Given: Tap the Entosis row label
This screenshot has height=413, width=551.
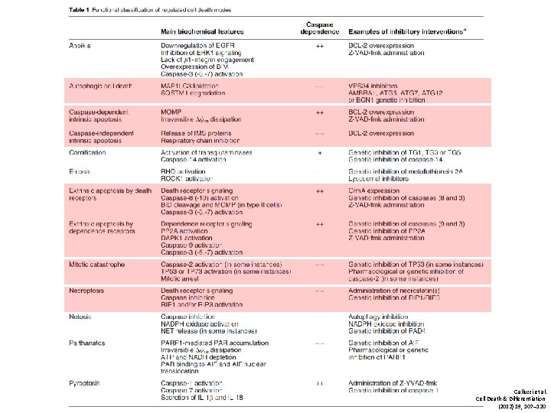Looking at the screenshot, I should coord(79,171).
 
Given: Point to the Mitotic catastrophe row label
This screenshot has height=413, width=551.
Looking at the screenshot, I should coord(96,264).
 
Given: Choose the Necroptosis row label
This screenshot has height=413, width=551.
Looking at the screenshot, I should coord(85,291).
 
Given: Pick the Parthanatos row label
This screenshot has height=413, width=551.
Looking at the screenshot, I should coord(86,343).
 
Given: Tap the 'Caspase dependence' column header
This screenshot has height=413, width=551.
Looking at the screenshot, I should coord(319,28).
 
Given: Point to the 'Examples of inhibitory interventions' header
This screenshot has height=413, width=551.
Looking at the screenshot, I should coord(412,32).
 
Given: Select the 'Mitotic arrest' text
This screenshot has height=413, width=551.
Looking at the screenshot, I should coord(180,277).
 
